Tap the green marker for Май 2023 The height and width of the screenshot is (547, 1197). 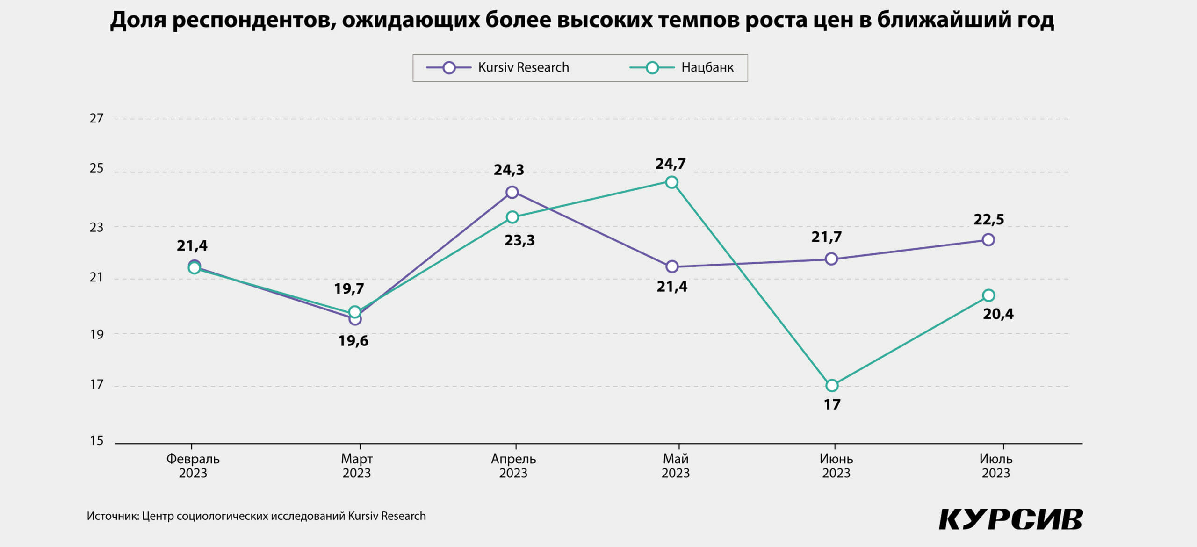tap(672, 182)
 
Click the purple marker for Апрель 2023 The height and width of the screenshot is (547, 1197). tap(512, 192)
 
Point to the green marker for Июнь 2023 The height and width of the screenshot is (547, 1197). tap(832, 386)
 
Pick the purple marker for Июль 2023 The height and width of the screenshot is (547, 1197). tap(988, 240)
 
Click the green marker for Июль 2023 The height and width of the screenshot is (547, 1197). tap(988, 295)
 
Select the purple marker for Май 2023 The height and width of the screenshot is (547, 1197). tap(672, 266)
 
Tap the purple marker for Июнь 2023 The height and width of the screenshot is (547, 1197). tap(831, 259)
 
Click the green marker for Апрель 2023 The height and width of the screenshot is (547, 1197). tap(512, 217)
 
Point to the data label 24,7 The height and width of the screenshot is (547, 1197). tap(671, 164)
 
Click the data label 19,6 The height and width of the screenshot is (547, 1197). tap(353, 341)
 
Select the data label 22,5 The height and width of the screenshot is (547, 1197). tap(989, 220)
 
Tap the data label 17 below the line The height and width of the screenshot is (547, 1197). tap(832, 405)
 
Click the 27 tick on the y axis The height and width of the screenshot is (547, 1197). tap(96, 119)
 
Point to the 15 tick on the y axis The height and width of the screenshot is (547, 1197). tap(96, 441)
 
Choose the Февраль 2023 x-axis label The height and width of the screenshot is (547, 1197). tap(193, 466)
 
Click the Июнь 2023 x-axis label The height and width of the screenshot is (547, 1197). tap(836, 466)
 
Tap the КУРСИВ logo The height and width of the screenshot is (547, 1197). tap(1010, 519)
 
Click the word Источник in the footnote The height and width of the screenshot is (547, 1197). tap(112, 516)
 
